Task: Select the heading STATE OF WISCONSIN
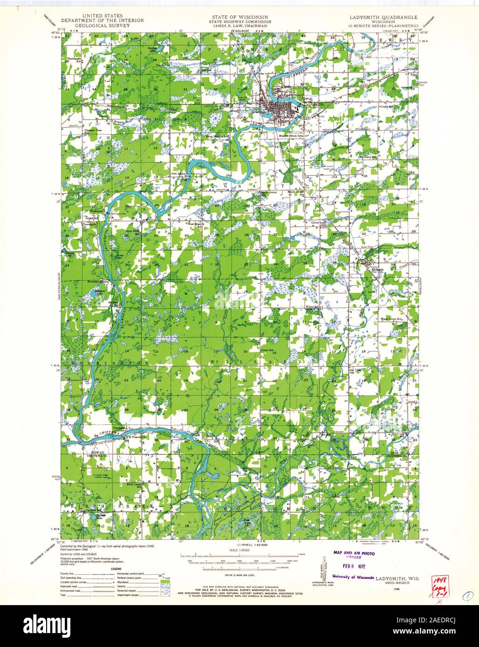point(239,16)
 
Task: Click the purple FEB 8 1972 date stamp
point(351,566)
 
